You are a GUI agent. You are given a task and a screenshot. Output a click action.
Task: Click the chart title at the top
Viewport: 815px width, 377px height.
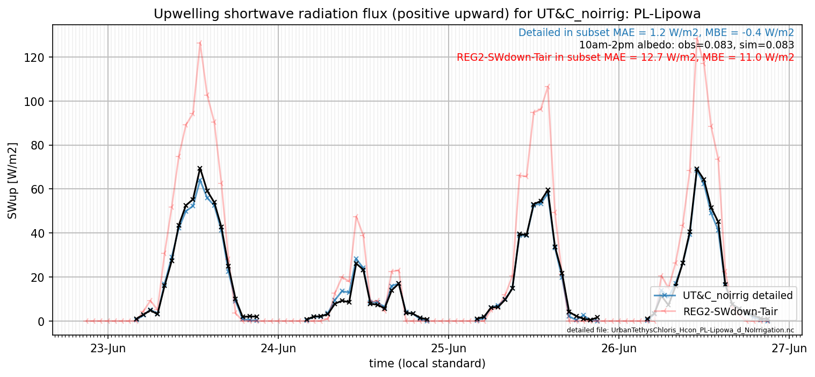point(427,14)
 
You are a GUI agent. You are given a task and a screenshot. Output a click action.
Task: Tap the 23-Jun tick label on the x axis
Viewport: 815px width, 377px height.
point(108,348)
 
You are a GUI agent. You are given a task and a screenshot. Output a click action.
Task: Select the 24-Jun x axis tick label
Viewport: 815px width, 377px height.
point(278,348)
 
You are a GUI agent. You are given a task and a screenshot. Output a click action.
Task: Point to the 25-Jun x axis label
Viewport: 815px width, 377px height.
point(449,348)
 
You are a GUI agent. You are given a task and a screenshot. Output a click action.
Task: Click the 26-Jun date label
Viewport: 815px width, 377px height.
point(619,348)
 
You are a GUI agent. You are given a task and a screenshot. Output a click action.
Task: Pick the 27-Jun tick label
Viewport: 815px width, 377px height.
point(789,348)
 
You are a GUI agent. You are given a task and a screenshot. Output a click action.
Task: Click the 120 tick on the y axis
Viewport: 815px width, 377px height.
point(34,58)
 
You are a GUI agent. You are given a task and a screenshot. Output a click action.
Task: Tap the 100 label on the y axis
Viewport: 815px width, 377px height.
point(34,101)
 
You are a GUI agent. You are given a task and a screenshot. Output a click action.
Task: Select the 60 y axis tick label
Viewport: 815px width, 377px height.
point(38,189)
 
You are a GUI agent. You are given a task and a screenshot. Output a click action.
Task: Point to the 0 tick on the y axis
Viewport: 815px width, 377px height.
point(41,321)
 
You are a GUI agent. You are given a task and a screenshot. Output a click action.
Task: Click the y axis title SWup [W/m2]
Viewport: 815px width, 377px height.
point(12,181)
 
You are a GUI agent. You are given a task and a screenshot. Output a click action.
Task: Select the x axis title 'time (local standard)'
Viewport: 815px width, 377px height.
point(427,364)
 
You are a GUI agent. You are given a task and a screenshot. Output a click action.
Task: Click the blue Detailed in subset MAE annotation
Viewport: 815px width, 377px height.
point(656,33)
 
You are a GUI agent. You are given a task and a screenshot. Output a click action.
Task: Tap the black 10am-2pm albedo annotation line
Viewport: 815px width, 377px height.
point(687,45)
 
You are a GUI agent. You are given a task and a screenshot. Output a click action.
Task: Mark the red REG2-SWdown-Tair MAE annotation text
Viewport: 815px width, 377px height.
point(625,58)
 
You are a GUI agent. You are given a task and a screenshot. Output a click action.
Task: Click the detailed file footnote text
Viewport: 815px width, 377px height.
point(680,330)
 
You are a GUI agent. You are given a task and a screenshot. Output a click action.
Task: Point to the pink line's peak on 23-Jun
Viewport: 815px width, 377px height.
point(200,43)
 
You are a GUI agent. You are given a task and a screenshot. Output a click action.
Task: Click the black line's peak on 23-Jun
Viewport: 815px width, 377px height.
point(200,169)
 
